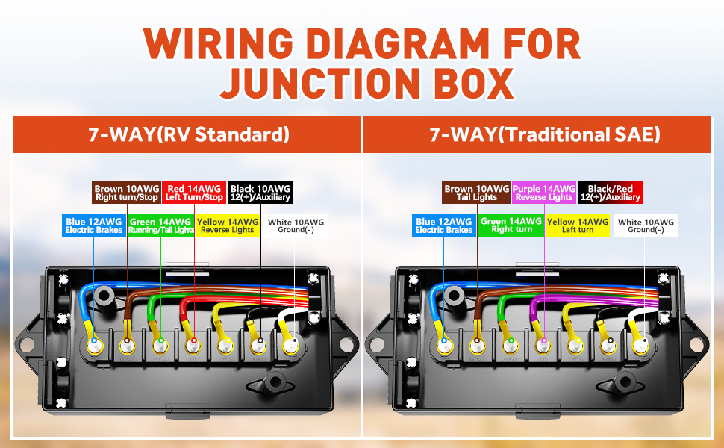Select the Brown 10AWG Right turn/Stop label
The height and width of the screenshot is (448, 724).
point(127,193)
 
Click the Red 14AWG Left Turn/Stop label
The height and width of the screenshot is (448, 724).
point(194,193)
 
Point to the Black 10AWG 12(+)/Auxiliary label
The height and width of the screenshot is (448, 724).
point(260,193)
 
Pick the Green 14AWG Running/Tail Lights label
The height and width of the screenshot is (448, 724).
point(160,225)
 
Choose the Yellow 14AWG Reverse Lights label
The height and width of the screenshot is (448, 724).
point(227,225)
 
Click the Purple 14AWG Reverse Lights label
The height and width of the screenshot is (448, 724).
point(544,193)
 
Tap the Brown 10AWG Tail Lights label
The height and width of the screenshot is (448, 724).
point(476,193)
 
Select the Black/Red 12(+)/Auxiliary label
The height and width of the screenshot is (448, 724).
point(611,193)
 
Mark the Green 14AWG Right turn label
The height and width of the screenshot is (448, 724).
point(511,225)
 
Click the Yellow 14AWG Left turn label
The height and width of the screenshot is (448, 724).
point(577,225)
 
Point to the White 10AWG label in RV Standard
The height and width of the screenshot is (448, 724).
point(296,225)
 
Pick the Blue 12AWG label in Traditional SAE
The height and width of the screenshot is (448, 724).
point(443,225)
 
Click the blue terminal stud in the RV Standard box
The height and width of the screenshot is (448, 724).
point(94,343)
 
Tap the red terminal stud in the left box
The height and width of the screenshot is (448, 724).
point(193,343)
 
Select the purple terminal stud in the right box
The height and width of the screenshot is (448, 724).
point(544,342)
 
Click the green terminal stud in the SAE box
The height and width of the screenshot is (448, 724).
point(511,343)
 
